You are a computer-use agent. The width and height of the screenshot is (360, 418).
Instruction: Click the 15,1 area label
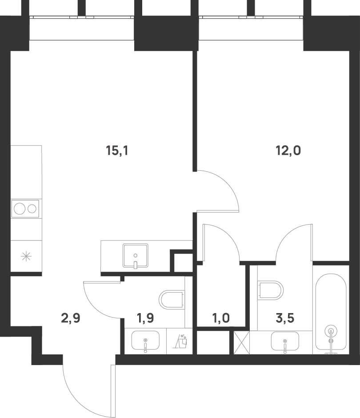pos(117,151)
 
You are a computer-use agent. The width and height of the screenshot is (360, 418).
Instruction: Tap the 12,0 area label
pos(288,151)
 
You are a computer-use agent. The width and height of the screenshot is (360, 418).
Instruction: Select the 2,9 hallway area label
pos(71,318)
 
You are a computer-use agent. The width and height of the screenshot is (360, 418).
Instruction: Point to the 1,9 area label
pos(145,318)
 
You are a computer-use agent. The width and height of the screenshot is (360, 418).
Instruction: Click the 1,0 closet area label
pos(221,318)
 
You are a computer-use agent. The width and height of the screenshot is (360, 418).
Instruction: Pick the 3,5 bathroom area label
pos(285,318)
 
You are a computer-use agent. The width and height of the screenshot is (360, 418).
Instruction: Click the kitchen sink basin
pos(136,256)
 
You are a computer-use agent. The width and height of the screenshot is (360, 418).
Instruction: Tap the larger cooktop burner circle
pos(20,209)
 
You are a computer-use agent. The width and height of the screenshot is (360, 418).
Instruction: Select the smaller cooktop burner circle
pos(32,209)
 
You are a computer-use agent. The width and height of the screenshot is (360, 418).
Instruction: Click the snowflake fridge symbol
pos(26,257)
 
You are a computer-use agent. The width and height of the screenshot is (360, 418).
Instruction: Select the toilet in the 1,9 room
pos(172,299)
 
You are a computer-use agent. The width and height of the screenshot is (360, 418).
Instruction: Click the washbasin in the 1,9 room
pos(145,341)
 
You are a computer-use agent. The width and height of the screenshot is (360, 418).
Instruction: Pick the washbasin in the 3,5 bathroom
pos(285,341)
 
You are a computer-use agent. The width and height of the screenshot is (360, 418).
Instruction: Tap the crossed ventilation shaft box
pos(242,342)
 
